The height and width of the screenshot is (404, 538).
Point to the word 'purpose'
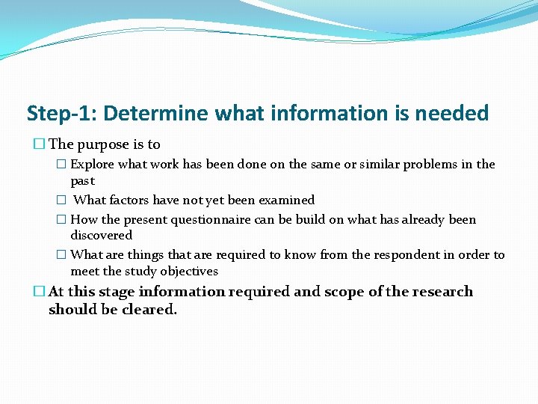(x=102, y=144)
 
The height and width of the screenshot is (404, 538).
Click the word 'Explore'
(x=91, y=165)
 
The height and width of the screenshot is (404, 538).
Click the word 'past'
(x=83, y=182)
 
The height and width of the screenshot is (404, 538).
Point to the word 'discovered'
(x=101, y=236)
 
